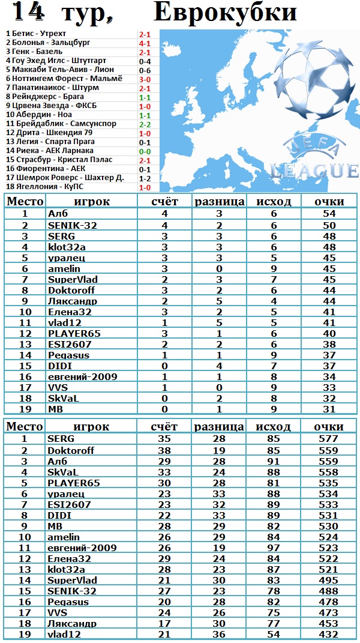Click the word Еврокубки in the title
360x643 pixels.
225,13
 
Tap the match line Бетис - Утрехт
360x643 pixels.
36,34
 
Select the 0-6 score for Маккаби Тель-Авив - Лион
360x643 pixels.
145,70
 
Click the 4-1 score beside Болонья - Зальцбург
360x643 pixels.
145,43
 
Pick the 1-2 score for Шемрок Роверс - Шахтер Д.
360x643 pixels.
145,178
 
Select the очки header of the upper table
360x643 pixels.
329,201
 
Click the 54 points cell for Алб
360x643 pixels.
329,213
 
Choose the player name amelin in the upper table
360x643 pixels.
64,268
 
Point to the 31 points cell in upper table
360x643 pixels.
329,409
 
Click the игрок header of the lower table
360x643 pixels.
91,427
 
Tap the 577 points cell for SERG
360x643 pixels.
329,439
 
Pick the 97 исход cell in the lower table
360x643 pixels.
273,548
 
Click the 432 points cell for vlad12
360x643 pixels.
329,634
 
